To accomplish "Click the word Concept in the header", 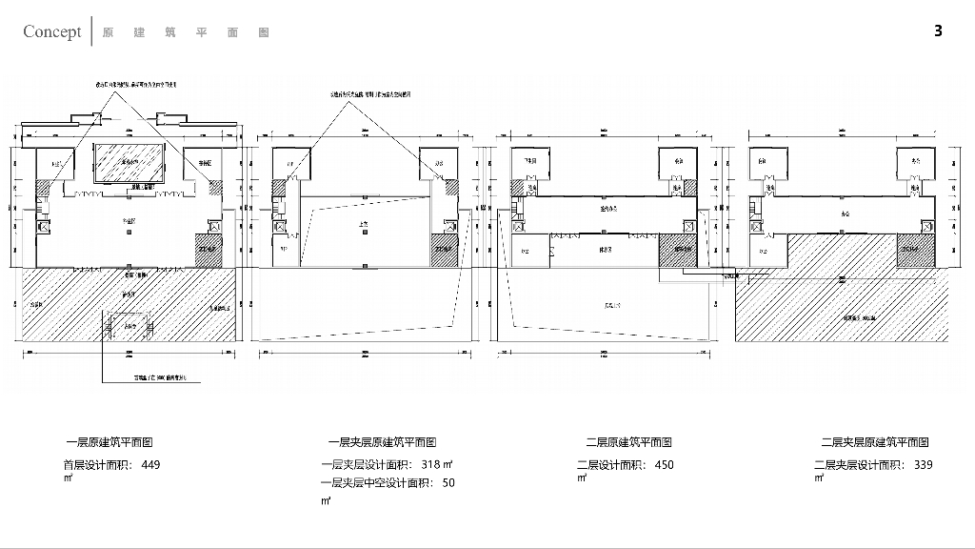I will tap(52, 31).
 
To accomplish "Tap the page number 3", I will tap(938, 31).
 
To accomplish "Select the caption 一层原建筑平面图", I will tap(109, 442).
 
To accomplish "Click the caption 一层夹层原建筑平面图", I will tap(382, 442).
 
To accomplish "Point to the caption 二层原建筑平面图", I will tap(629, 442).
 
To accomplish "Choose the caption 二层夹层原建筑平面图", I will tap(875, 442).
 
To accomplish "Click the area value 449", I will tap(150, 465).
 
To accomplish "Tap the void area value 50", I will tap(448, 482).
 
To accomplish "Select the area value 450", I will tap(664, 465).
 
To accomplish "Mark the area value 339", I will tap(923, 465).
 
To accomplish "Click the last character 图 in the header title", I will tap(264, 32).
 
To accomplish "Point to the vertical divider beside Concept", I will tap(91, 30).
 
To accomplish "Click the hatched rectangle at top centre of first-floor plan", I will tap(129, 163).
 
